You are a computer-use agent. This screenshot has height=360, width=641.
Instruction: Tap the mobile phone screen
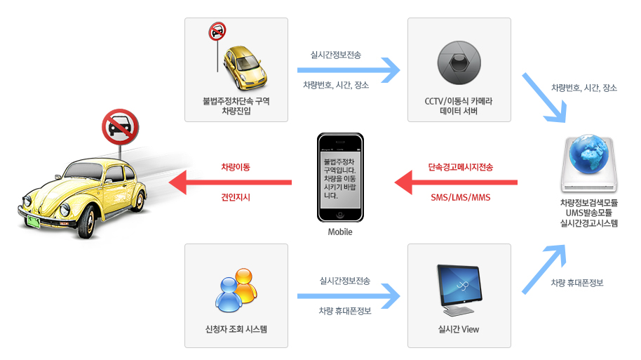click(340, 180)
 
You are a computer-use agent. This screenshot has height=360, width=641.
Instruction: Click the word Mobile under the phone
click(340, 232)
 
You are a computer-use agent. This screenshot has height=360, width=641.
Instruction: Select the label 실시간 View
click(459, 329)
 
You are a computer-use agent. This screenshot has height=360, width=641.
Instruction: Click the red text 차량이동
click(236, 167)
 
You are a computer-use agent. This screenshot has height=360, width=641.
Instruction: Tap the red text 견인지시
click(236, 197)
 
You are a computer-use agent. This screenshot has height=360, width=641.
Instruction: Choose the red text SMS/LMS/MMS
click(461, 197)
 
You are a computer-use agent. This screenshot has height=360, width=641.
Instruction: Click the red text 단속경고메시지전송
click(461, 167)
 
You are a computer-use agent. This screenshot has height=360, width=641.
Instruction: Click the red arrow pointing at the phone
click(456, 182)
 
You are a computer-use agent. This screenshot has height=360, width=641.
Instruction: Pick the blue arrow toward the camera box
click(349, 69)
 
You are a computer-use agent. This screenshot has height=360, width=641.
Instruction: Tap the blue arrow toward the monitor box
click(349, 296)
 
